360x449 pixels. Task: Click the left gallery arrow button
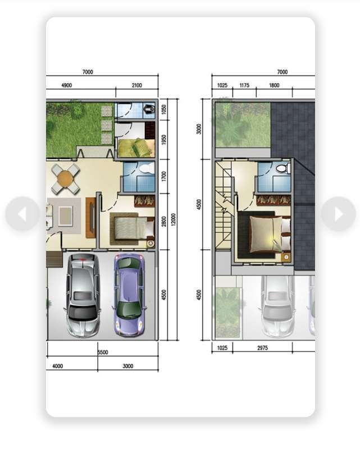click(x=22, y=214)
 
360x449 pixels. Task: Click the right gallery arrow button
click(x=339, y=214)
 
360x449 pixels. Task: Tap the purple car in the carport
click(x=129, y=295)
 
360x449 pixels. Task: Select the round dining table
click(x=66, y=179)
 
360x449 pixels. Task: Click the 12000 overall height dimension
click(x=173, y=219)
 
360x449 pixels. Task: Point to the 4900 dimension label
click(x=66, y=85)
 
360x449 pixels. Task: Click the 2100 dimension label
click(x=136, y=85)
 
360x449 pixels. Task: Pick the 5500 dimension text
click(x=103, y=352)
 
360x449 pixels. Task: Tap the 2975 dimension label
click(x=262, y=348)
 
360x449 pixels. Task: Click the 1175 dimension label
click(x=244, y=85)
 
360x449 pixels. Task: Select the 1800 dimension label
click(x=274, y=85)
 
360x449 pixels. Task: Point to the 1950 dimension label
click(x=164, y=140)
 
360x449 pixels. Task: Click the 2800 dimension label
click(x=164, y=222)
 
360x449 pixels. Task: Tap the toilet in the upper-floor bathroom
click(x=282, y=168)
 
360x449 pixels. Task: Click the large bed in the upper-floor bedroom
click(x=264, y=234)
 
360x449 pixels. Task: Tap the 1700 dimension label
click(x=164, y=176)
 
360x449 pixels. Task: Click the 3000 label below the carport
click(x=128, y=366)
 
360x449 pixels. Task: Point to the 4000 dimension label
click(x=58, y=366)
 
